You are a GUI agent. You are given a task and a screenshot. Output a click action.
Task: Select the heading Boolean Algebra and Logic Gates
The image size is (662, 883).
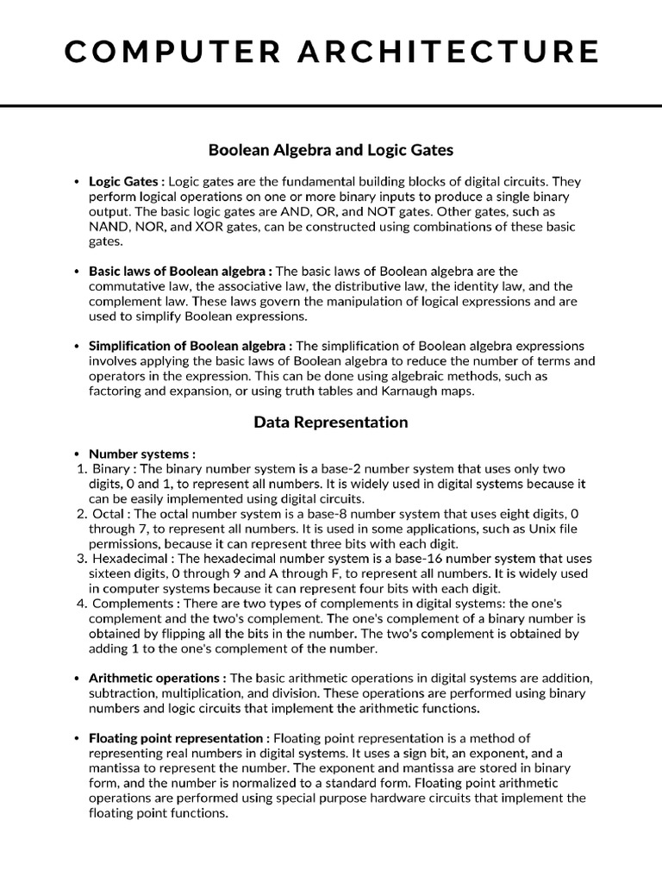click(x=331, y=150)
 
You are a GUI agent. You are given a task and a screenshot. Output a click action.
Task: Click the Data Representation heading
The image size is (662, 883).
click(x=331, y=423)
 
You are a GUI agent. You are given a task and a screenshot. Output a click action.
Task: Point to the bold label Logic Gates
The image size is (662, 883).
click(x=124, y=182)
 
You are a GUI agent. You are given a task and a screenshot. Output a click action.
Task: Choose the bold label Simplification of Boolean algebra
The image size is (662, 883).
click(x=189, y=346)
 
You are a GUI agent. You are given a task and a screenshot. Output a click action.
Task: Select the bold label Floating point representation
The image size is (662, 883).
click(x=178, y=738)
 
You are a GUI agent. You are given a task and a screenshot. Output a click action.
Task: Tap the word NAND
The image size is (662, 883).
click(x=108, y=227)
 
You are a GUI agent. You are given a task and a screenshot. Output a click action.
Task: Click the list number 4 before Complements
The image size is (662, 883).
click(x=82, y=604)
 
